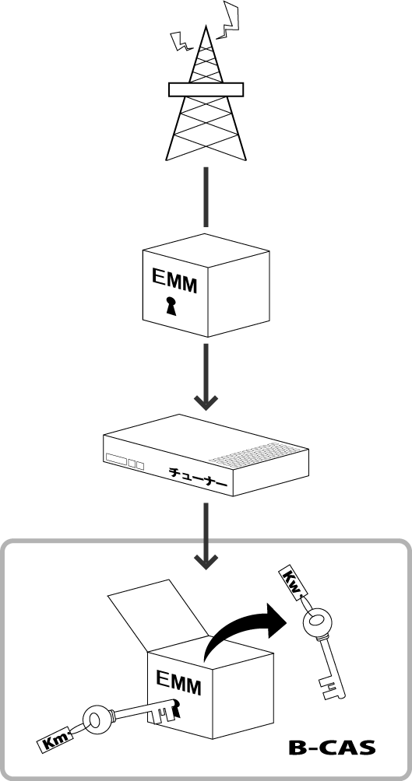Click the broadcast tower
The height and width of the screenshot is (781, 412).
click(x=206, y=95)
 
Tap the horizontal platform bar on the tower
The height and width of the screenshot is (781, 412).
click(x=206, y=89)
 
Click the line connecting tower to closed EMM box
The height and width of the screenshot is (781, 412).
click(x=206, y=197)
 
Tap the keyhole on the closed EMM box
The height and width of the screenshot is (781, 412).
click(x=171, y=306)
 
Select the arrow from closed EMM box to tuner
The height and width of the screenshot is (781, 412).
click(x=206, y=376)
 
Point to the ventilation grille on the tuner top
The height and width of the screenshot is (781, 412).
click(x=258, y=454)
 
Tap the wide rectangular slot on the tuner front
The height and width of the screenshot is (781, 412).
click(x=116, y=459)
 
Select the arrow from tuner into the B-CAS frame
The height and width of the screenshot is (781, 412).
click(x=206, y=535)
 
